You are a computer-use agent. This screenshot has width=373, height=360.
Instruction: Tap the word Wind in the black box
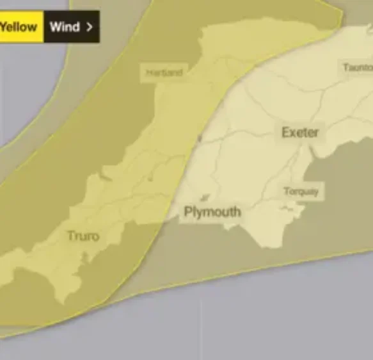pyautogui.click(x=65, y=28)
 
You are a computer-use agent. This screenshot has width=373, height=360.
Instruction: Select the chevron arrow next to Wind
pyautogui.click(x=89, y=28)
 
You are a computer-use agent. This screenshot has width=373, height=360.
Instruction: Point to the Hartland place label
pyautogui.click(x=164, y=72)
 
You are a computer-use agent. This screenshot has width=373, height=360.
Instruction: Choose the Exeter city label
pyautogui.click(x=300, y=133)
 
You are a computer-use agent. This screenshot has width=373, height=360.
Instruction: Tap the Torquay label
pyautogui.click(x=300, y=192)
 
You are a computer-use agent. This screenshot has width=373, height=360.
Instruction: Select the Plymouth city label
pyautogui.click(x=212, y=211)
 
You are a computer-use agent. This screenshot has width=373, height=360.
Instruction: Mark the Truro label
pyautogui.click(x=83, y=236)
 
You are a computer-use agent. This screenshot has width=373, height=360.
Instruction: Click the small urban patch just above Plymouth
pyautogui.click(x=205, y=198)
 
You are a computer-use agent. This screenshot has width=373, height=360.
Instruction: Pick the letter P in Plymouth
pyautogui.click(x=188, y=211)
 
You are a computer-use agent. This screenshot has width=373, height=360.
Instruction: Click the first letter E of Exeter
pyautogui.click(x=286, y=133)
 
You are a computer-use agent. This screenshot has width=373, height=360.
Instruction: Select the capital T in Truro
pyautogui.click(x=70, y=236)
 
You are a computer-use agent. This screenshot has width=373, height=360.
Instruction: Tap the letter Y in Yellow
pyautogui.click(x=4, y=28)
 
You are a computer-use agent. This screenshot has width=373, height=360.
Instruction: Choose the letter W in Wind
pyautogui.click(x=55, y=28)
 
